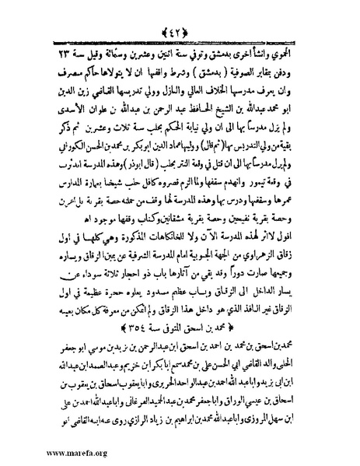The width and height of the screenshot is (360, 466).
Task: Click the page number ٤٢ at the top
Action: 180,11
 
